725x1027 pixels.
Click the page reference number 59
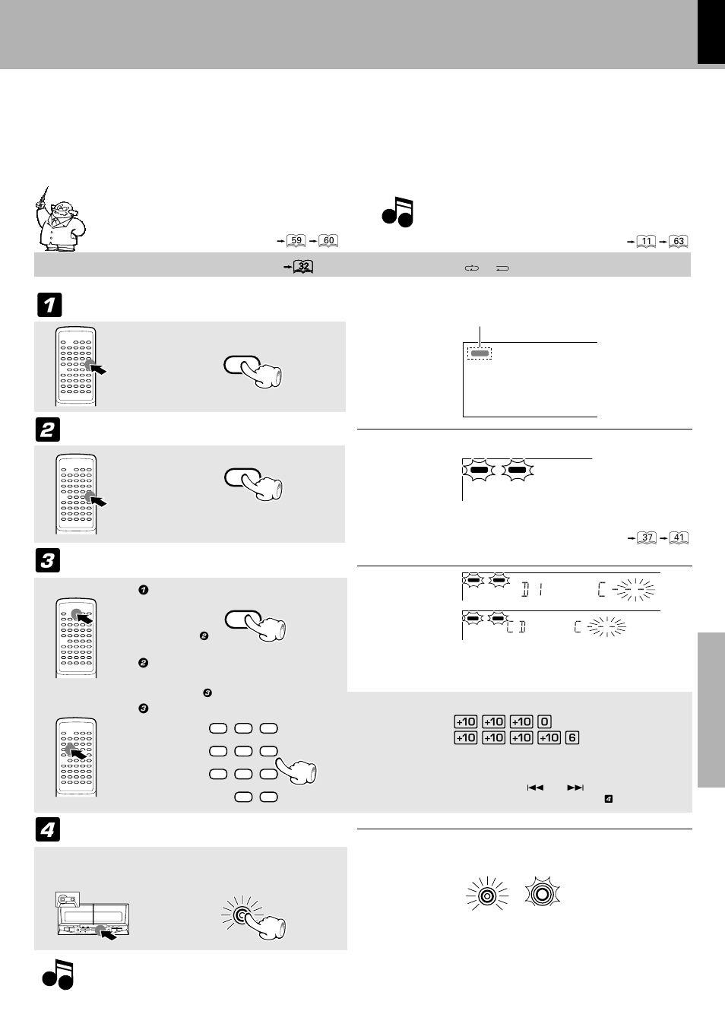tap(296, 241)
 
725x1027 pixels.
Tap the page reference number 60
tap(328, 241)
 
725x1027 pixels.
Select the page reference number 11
tap(646, 242)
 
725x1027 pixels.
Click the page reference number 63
tap(679, 242)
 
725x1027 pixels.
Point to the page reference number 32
tap(303, 267)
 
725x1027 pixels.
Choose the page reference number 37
tap(647, 537)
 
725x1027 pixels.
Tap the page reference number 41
tap(679, 537)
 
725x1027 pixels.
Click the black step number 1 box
tap(49, 305)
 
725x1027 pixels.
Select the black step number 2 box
tap(49, 430)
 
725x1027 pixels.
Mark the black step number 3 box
tap(49, 561)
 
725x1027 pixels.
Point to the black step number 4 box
tap(49, 830)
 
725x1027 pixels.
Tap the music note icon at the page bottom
tap(59, 975)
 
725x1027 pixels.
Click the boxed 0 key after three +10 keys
tap(544, 722)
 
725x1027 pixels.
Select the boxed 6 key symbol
tap(572, 737)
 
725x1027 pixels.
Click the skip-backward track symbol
tap(535, 788)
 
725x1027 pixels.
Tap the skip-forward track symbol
tap(575, 788)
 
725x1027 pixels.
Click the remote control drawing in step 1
tap(76, 366)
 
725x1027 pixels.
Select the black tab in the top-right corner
tap(711, 32)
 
